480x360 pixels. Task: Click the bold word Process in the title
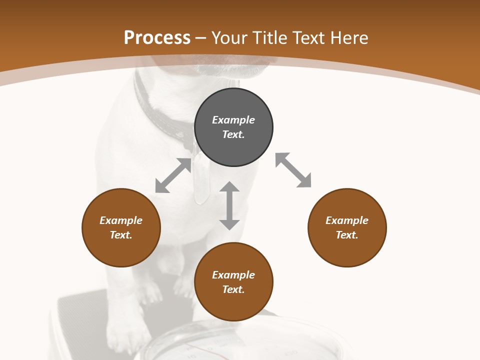157,38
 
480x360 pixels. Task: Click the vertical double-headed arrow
229,205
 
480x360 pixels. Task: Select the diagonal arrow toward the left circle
173,175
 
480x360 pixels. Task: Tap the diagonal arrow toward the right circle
293,170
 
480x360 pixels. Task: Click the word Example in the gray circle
233,120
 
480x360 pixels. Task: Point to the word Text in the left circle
121,235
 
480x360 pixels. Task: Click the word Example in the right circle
347,220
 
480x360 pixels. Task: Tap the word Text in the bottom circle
233,289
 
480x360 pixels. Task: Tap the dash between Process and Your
200,38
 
